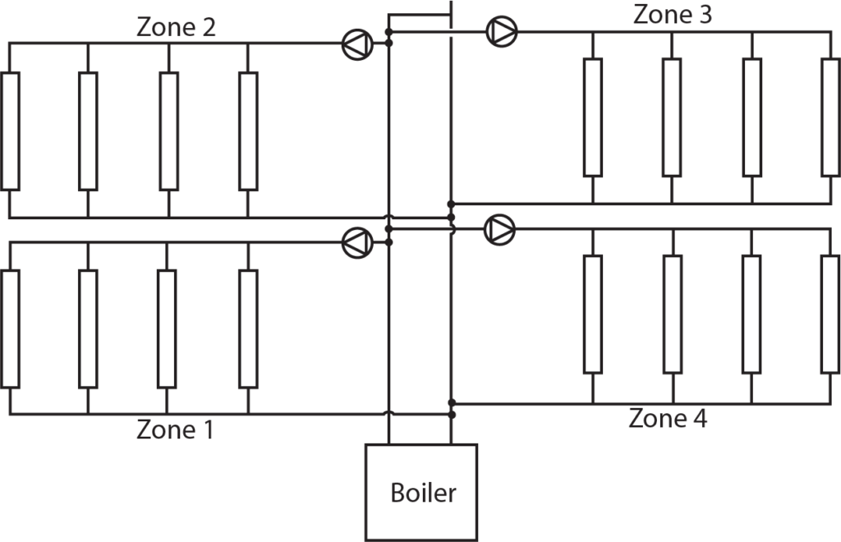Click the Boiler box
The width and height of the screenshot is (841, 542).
[420, 493]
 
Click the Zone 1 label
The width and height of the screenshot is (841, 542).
[175, 429]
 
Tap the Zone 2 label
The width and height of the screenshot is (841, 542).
[176, 27]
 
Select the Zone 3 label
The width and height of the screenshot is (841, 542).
[673, 14]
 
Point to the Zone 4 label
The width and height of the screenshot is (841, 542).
[668, 418]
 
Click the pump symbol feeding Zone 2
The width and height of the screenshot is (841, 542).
[357, 44]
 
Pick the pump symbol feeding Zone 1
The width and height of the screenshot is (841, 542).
[357, 241]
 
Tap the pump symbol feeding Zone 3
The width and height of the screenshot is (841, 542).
[501, 31]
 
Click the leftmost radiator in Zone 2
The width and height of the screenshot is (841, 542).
[10, 131]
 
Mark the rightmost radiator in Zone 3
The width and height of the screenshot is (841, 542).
[830, 117]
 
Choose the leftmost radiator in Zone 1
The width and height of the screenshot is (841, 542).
[10, 328]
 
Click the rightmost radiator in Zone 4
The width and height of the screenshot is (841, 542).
[830, 315]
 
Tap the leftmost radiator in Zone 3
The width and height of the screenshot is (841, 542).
[593, 117]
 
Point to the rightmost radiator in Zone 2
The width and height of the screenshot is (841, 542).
[248, 131]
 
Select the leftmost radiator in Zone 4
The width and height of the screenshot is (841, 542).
[593, 315]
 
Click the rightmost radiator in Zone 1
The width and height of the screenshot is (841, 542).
[248, 328]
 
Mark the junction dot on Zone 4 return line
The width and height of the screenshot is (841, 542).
[451, 403]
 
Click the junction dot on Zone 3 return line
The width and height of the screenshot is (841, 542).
[451, 203]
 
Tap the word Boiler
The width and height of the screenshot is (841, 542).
[423, 493]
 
